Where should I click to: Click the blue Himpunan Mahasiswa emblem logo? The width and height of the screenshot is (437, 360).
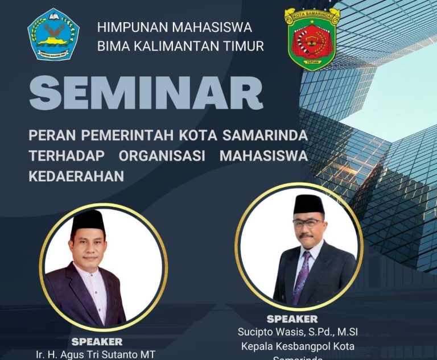pyautogui.click(x=53, y=34)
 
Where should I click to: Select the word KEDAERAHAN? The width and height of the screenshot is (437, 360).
pyautogui.click(x=76, y=176)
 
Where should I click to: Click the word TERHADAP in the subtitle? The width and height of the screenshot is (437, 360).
pyautogui.click(x=64, y=156)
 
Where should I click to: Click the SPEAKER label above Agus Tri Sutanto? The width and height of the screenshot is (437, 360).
pyautogui.click(x=97, y=342)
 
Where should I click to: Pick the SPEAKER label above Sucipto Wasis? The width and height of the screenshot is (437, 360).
pyautogui.click(x=292, y=318)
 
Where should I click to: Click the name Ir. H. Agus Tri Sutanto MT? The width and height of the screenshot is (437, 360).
pyautogui.click(x=95, y=354)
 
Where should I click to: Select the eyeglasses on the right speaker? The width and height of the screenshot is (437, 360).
pyautogui.click(x=307, y=222)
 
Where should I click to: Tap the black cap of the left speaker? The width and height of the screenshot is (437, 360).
pyautogui.click(x=88, y=220)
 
